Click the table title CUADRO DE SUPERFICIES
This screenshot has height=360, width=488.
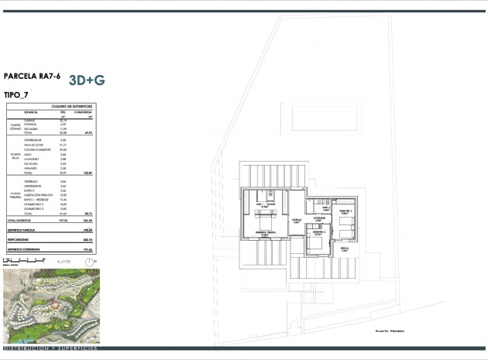[72, 105]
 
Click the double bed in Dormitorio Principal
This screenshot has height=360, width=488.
[264, 224]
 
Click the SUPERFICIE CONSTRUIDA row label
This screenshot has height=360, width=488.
[24, 250]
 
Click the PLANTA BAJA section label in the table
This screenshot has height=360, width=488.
[14, 156]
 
